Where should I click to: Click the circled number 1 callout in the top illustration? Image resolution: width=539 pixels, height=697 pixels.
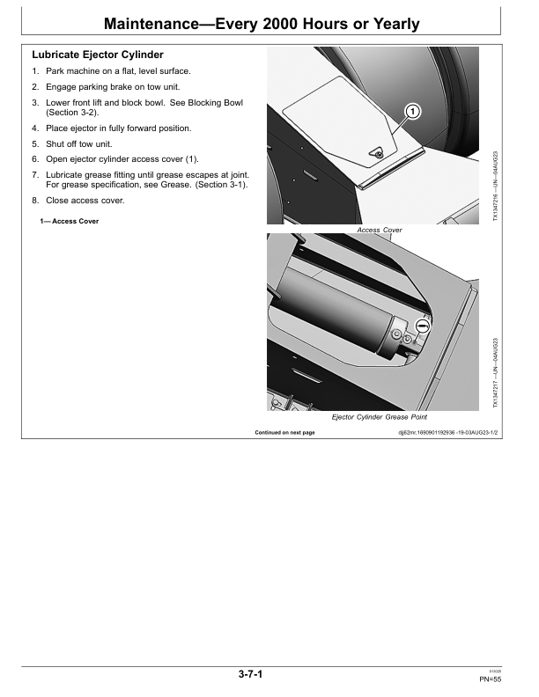(413, 112)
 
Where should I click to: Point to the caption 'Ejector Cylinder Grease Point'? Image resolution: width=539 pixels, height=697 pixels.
(379, 416)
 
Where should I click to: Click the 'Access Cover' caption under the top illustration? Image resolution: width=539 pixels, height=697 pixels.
(380, 230)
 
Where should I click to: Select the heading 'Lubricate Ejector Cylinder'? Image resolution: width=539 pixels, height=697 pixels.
(97, 55)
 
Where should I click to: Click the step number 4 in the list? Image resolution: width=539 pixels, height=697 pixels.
(35, 128)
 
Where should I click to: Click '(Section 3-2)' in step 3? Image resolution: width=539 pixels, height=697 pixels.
(72, 114)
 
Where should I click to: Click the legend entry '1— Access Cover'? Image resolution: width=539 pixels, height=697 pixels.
(63, 221)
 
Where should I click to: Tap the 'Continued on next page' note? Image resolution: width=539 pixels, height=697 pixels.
(284, 433)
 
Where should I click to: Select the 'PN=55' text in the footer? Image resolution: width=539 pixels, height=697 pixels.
(491, 680)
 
